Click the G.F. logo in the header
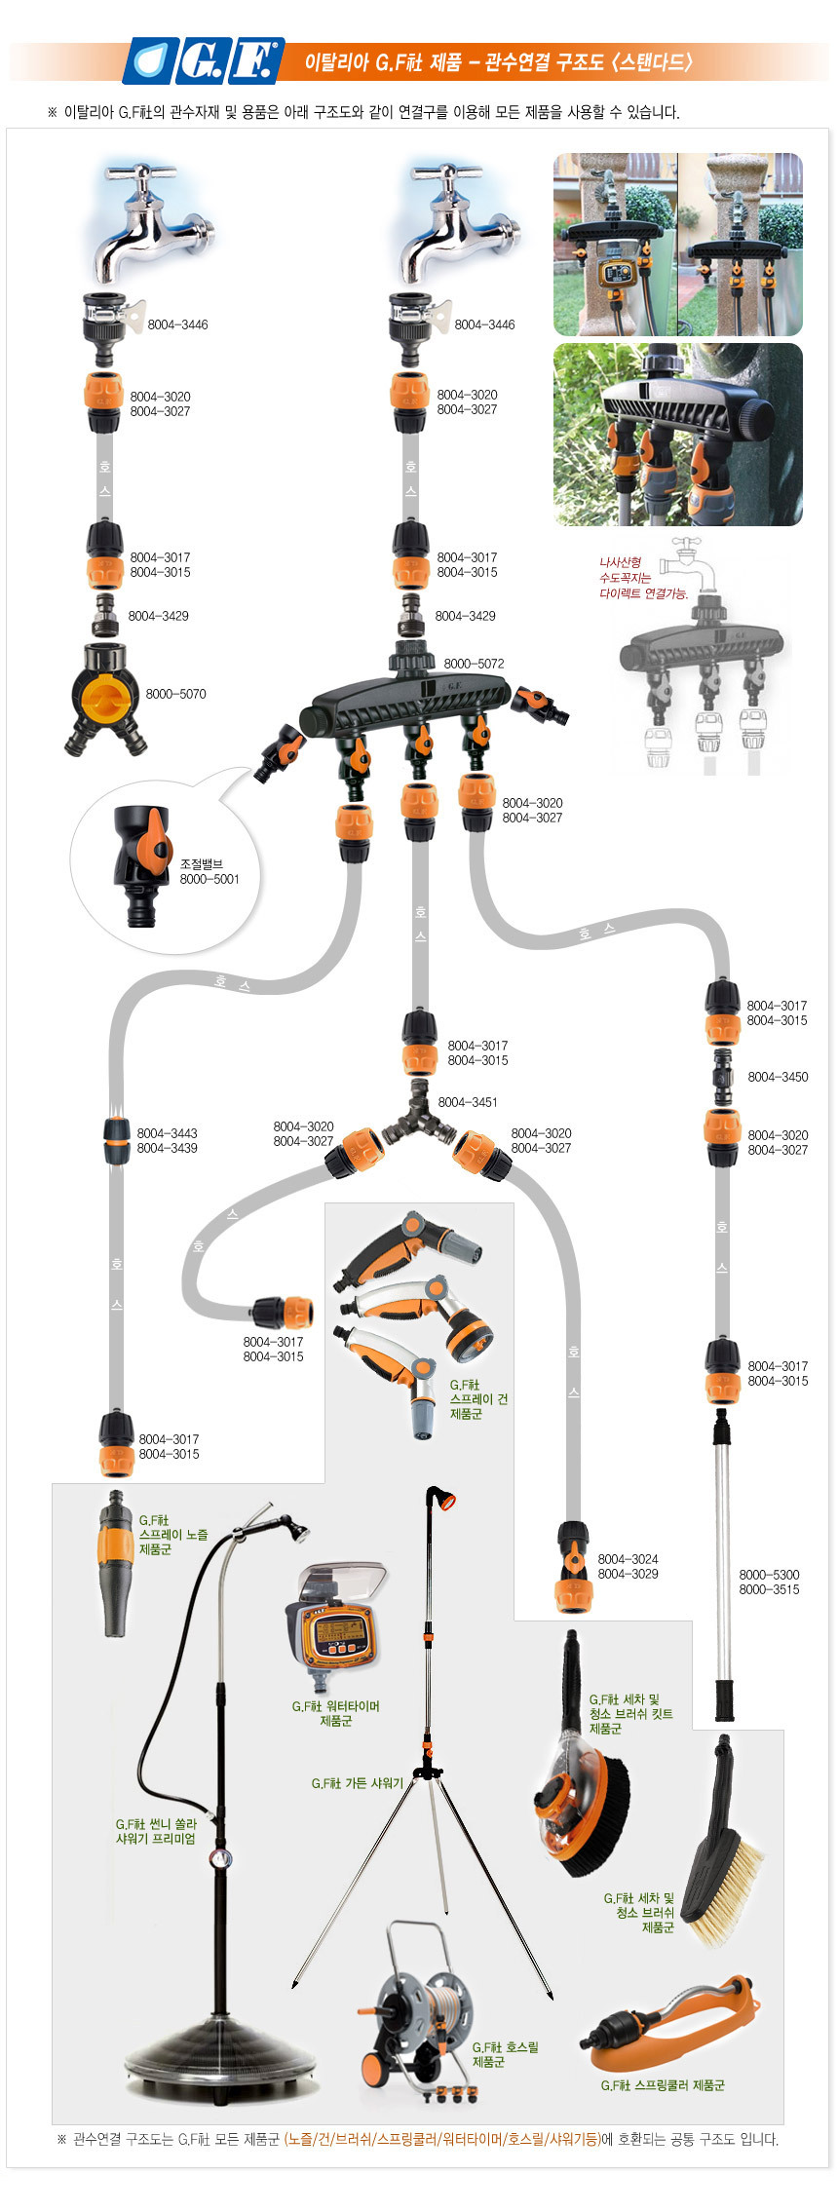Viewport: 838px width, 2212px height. coord(204,61)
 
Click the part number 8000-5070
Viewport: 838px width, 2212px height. coord(175,694)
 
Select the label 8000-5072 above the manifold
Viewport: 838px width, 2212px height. coord(474,664)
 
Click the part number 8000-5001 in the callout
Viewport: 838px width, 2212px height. coord(209,879)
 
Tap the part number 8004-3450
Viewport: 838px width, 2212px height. coord(777,1077)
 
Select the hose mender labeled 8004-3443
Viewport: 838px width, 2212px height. coord(117,1140)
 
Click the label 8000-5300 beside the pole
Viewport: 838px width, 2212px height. coord(769,1575)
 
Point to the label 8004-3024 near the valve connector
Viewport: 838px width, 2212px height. coord(628,1559)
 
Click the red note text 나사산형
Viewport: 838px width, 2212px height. coord(620,562)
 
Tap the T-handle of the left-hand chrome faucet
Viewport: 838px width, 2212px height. coord(142,175)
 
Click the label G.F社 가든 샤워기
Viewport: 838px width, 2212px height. coord(357,1784)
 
